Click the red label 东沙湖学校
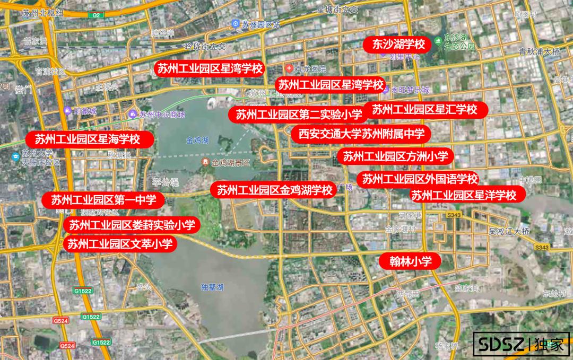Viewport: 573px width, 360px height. [396, 44]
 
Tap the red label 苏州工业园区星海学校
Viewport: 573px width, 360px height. [90, 139]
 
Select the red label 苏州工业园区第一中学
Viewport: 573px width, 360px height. [103, 200]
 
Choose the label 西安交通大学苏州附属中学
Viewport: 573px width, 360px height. [361, 134]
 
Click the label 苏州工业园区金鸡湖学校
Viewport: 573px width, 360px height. [274, 190]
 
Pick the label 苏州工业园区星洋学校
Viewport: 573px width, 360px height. [464, 195]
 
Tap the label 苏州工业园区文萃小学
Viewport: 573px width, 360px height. [120, 244]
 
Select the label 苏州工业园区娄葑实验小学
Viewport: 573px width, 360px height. [132, 225]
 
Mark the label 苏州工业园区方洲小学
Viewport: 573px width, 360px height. [395, 156]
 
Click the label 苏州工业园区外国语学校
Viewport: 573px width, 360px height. [418, 179]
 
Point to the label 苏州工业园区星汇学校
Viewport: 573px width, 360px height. [424, 110]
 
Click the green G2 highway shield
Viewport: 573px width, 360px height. [97, 15]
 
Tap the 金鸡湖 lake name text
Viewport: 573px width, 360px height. [197, 141]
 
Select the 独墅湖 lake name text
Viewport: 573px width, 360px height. [212, 287]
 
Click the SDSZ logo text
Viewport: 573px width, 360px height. [499, 345]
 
